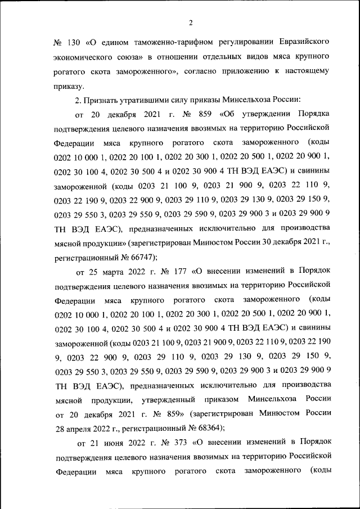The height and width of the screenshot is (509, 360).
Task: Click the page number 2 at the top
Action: tap(191, 22)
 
